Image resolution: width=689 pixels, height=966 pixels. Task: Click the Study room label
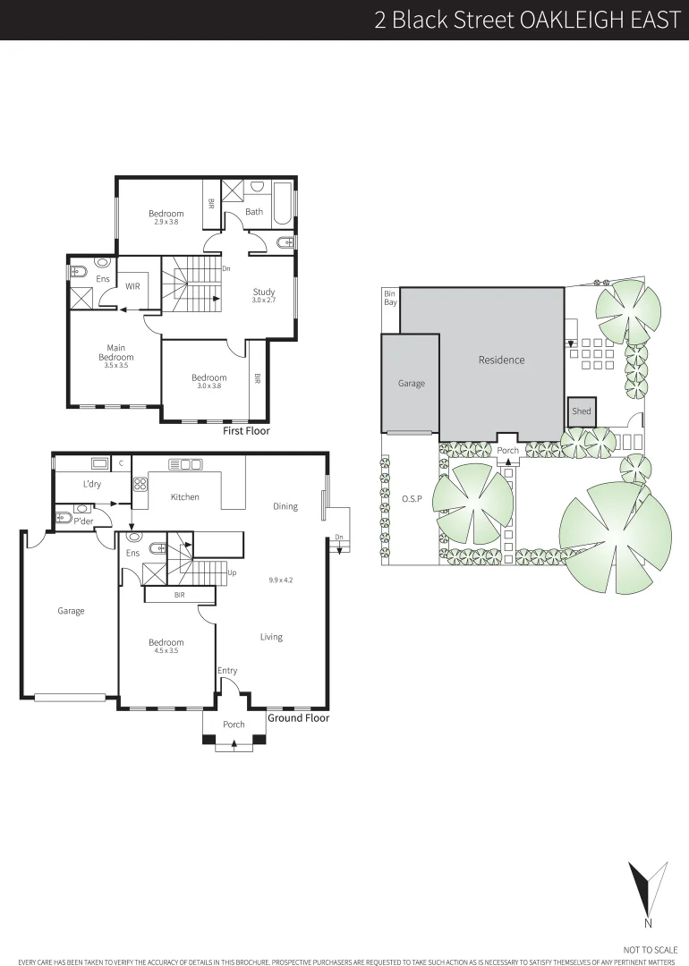click(263, 292)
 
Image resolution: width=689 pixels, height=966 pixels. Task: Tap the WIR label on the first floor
click(132, 286)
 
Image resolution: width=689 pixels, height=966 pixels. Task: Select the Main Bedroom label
click(116, 352)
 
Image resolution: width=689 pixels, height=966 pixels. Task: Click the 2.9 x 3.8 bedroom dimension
click(166, 222)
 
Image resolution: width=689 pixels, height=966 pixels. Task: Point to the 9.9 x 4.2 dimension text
click(280, 580)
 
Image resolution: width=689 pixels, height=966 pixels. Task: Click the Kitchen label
click(185, 497)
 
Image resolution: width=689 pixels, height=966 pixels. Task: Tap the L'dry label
click(91, 484)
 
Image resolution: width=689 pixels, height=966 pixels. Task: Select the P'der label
click(84, 521)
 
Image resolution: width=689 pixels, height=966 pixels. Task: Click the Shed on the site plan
click(582, 411)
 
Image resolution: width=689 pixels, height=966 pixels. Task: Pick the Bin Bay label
click(389, 298)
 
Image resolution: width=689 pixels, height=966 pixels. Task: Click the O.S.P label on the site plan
click(412, 498)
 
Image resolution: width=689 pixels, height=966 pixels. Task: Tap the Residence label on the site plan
click(501, 360)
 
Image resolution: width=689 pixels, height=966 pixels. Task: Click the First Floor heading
click(246, 431)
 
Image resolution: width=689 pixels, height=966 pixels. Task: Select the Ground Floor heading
click(299, 718)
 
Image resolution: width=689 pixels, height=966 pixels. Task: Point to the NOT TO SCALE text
click(651, 949)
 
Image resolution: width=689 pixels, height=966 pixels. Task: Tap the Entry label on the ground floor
click(227, 671)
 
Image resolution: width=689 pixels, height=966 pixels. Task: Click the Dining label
click(285, 506)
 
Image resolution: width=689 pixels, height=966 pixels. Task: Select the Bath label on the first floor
click(255, 212)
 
